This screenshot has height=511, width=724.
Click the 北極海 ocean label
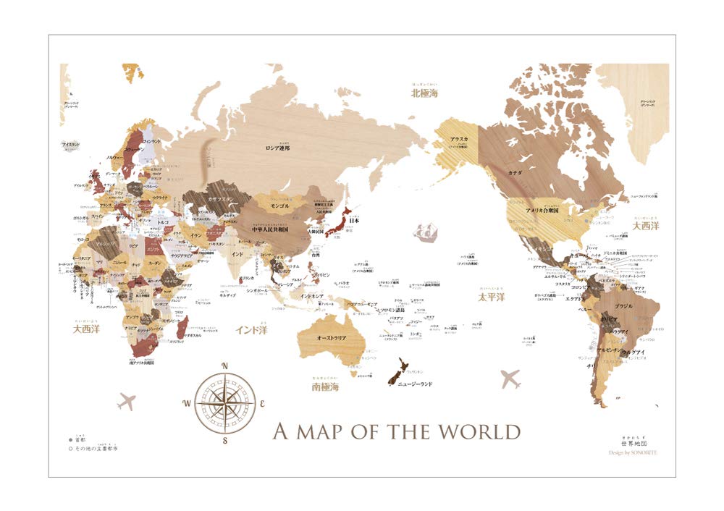(427, 93)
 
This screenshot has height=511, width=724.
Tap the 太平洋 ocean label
(491, 297)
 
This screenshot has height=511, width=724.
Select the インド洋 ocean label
(251, 329)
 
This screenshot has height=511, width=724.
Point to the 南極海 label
(325, 387)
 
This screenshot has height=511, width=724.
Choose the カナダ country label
(515, 173)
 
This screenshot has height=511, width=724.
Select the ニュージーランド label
(415, 384)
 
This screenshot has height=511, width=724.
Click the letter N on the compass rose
(225, 366)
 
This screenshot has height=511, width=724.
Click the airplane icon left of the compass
(127, 400)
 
